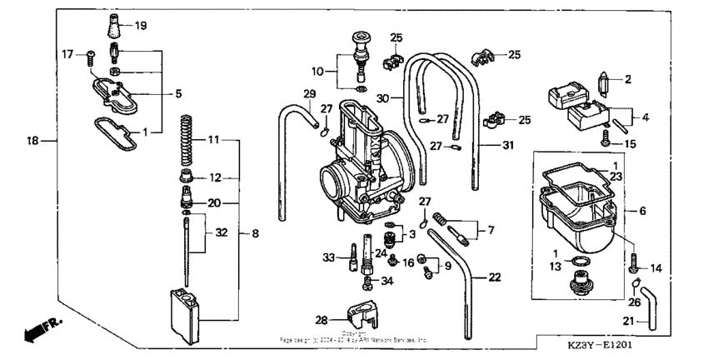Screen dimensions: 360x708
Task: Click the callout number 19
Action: pyautogui.click(x=140, y=26)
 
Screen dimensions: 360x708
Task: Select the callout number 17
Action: pyautogui.click(x=69, y=54)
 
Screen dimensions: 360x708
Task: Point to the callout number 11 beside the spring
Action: pyautogui.click(x=214, y=140)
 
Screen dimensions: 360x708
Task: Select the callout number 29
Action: pyautogui.click(x=310, y=92)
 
